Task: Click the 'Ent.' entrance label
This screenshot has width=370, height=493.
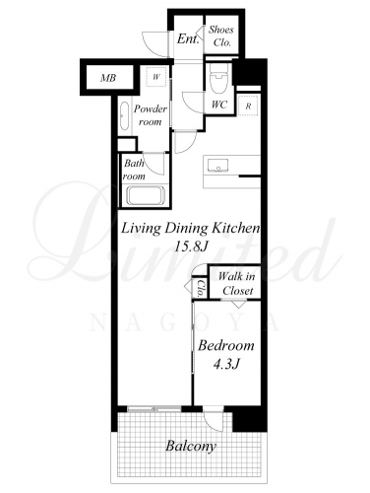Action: (188, 39)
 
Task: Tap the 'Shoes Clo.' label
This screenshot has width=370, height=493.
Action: (221, 35)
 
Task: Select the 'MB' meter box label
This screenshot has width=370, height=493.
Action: (108, 78)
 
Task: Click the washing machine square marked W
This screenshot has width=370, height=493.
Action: (156, 77)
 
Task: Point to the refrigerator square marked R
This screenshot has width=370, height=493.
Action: (248, 106)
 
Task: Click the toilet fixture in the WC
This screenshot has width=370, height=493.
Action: (218, 78)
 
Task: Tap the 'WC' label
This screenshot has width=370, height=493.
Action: (219, 105)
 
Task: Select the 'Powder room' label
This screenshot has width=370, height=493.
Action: (151, 115)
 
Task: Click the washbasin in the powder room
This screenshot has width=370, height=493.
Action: (125, 115)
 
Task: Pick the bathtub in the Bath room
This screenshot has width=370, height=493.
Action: (146, 196)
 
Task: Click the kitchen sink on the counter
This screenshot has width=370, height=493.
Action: (217, 165)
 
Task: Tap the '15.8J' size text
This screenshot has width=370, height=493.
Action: (191, 246)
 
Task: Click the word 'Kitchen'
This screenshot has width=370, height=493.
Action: (235, 228)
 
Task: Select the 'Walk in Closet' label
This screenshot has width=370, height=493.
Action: (237, 283)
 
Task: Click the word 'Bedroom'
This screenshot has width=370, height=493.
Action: (226, 346)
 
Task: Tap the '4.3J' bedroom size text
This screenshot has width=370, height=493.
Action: (226, 364)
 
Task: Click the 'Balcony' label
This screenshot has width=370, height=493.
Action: (191, 447)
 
